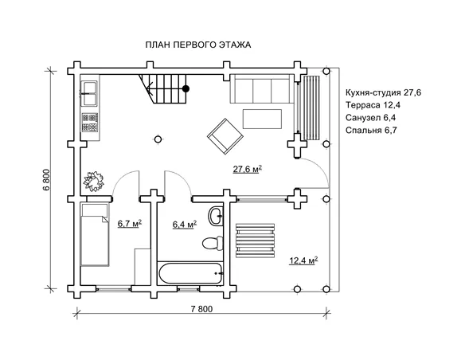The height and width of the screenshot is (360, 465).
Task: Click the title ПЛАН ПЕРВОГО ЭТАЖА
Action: coord(198,45)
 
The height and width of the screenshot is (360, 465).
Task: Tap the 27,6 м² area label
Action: coord(248,169)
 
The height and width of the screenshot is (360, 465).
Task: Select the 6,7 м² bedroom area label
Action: coord(130,223)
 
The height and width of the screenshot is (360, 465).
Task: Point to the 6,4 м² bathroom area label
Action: coord(185,225)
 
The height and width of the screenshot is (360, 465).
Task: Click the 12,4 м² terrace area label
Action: coord(303,260)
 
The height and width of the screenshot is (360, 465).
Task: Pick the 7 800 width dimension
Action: coord(201,309)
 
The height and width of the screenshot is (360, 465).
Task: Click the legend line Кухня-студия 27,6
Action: coord(384,93)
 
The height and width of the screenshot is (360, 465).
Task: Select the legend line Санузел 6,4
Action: coord(370,118)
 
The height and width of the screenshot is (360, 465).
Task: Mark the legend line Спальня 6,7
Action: coord(371,130)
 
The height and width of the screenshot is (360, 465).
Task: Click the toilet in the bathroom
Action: coord(213,243)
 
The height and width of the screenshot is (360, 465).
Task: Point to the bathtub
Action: coord(190,273)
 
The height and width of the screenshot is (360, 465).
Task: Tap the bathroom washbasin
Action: coord(216,216)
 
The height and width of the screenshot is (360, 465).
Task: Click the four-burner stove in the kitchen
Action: coord(89,123)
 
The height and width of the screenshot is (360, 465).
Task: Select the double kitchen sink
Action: coord(90,93)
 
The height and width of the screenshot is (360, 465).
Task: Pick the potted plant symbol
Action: coord(94,181)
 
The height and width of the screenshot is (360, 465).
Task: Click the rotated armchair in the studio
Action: coord(225,136)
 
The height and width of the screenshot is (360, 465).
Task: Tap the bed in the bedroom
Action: coord(95,234)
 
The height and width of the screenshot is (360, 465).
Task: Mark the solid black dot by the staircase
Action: coord(186,88)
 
